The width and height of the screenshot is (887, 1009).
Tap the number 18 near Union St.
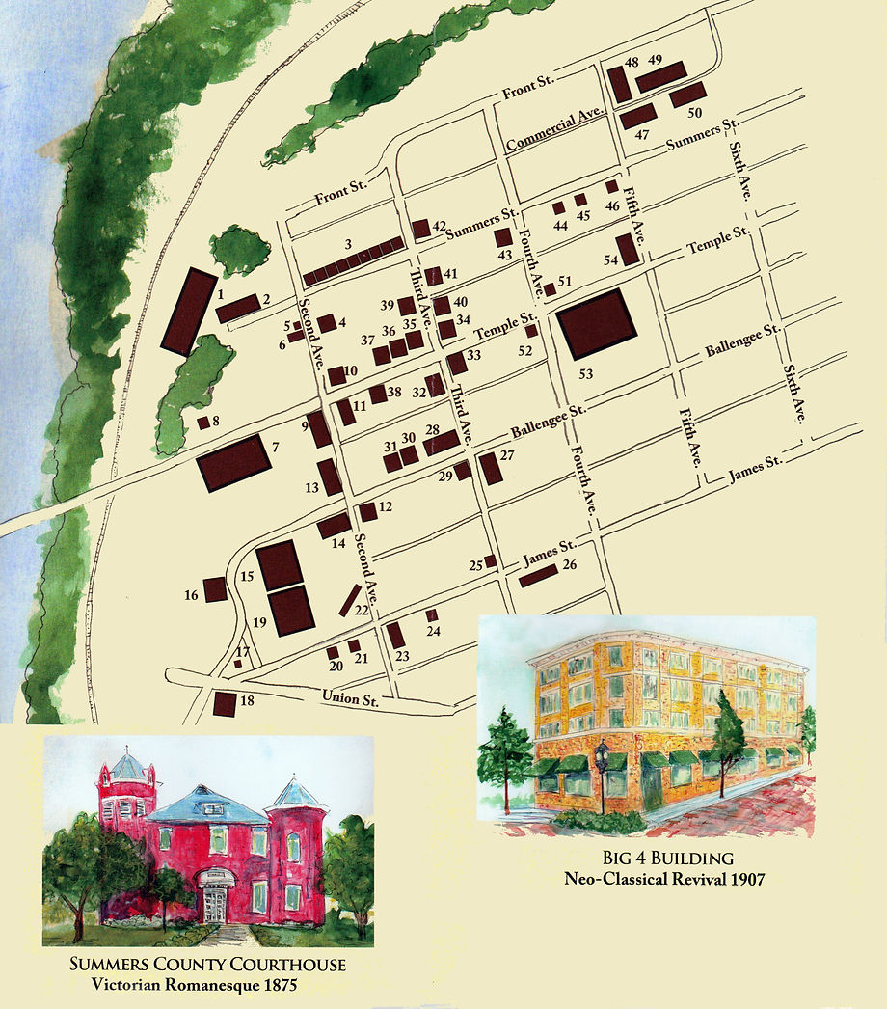(247, 701)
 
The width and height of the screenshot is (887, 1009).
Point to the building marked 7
(232, 462)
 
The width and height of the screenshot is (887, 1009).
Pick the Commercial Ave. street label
(554, 128)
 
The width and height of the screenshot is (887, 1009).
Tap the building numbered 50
(688, 95)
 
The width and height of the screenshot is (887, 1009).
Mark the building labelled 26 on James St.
(538, 575)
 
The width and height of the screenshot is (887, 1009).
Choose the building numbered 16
(214, 588)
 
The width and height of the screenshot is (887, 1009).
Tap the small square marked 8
(203, 422)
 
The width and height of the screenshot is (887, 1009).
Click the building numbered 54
(628, 249)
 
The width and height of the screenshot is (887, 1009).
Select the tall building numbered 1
(188, 312)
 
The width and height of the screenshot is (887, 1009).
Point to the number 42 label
(439, 227)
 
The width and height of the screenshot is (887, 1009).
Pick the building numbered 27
(491, 468)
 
